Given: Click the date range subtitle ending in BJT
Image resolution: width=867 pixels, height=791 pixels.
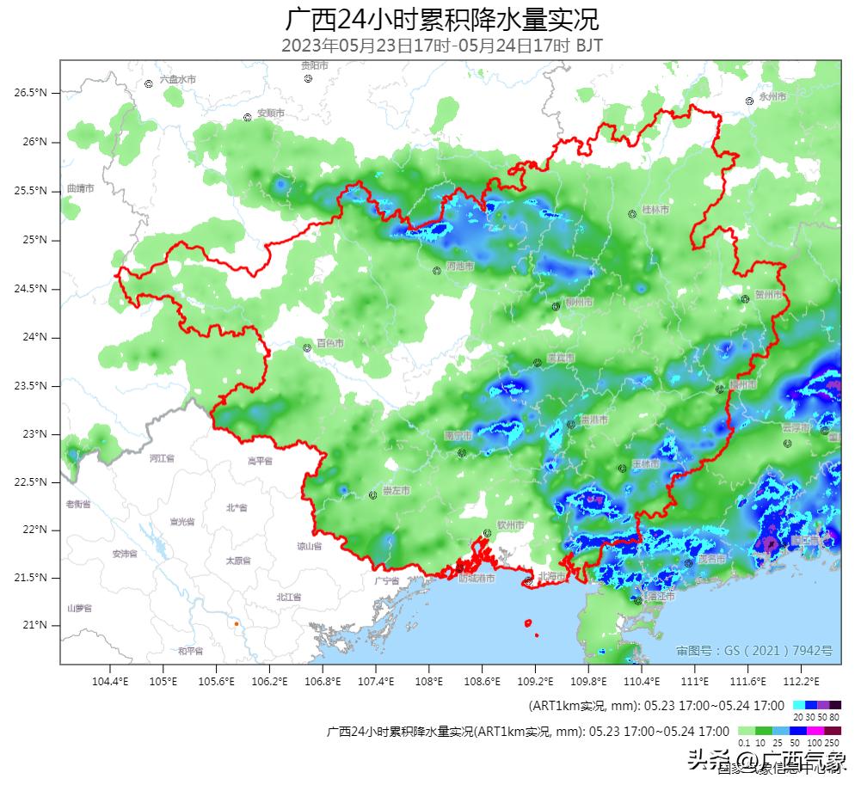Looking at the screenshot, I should click(x=441, y=46).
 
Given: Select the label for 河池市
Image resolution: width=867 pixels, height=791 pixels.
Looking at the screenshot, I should click(x=459, y=267).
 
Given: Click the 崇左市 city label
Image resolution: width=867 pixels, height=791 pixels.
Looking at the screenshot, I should click(x=396, y=491).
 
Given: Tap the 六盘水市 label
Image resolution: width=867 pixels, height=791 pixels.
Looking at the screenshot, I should click(x=177, y=79).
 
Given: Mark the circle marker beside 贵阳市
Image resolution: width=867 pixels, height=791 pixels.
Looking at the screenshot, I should click(x=308, y=78).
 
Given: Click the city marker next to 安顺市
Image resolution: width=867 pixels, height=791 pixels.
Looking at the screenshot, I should click(x=247, y=117).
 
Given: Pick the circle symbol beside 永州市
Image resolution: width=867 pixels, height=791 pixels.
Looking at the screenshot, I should click(x=749, y=101).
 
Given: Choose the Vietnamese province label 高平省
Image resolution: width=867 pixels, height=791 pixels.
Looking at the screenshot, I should click(x=260, y=461).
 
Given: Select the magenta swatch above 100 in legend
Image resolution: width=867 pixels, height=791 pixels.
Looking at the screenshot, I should click(x=815, y=731).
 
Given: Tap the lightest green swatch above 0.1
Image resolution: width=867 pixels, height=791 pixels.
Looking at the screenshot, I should click(x=747, y=731).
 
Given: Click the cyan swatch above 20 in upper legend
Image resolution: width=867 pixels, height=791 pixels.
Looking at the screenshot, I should click(x=799, y=705).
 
